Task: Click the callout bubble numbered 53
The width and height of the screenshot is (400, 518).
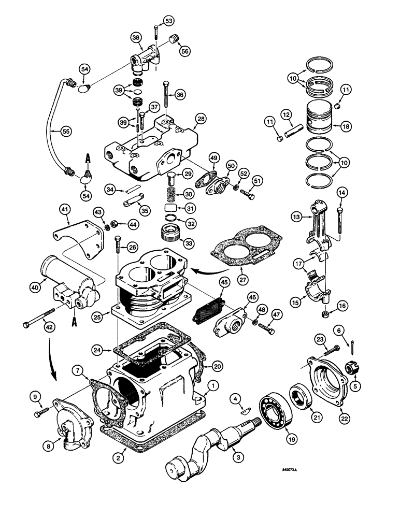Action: click(x=169, y=21)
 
